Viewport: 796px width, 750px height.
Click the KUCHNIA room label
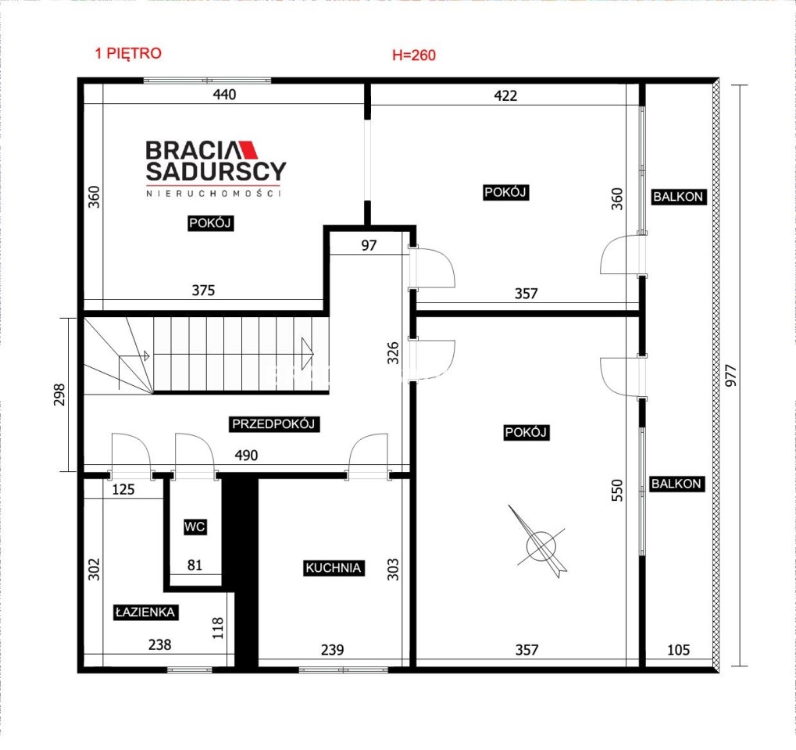click(333, 568)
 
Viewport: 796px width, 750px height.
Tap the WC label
click(195, 527)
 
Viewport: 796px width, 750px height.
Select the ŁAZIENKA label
click(145, 612)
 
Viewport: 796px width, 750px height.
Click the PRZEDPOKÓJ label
click(273, 423)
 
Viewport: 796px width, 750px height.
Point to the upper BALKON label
click(678, 197)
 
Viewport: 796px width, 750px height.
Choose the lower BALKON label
click(676, 484)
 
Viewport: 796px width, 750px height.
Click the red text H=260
click(414, 55)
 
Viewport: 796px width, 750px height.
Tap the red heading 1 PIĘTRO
click(128, 53)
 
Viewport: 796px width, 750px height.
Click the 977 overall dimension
click(730, 375)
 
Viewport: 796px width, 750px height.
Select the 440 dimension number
click(224, 95)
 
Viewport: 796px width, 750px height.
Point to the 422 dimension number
click(505, 95)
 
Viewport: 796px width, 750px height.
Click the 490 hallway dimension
click(246, 455)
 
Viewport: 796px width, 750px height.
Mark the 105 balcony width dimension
click(678, 649)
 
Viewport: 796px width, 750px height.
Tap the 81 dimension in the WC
click(195, 565)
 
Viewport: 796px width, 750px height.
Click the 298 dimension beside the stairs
click(59, 395)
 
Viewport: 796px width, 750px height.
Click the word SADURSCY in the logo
click(216, 171)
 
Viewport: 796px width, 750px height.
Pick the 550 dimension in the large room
click(616, 490)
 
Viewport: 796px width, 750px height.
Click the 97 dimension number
click(369, 245)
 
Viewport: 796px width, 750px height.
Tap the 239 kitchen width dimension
click(333, 649)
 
